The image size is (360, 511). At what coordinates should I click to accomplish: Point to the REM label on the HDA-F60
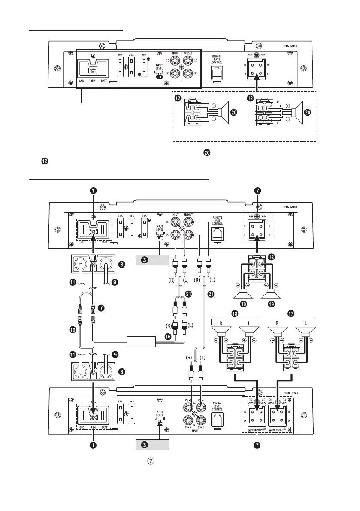click(94, 440)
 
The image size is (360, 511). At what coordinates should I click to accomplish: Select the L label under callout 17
click(306, 320)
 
